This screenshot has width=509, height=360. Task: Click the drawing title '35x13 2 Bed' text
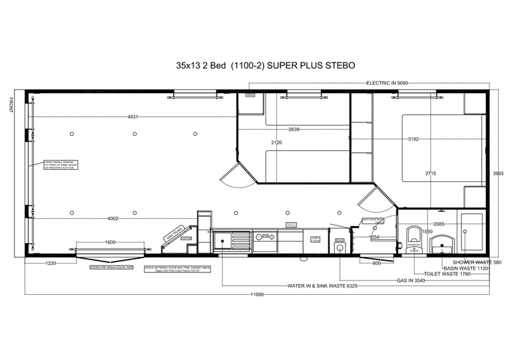pos(201,66)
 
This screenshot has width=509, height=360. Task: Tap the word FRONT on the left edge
pos(12,105)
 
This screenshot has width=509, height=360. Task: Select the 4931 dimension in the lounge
pos(133,117)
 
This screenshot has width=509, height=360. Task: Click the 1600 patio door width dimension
pos(110,242)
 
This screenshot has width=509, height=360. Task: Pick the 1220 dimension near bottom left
pos(51,262)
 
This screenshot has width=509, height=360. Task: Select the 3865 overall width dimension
pos(497,174)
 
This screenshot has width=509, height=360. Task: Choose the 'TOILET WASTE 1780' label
pos(446,274)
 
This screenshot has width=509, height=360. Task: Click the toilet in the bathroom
pos(415,239)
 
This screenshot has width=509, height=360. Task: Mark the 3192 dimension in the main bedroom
pos(413,139)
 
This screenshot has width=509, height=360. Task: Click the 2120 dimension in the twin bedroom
pos(276,143)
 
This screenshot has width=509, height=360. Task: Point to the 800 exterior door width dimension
pos(376,262)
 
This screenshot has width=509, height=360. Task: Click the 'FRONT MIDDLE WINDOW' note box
pos(58,165)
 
